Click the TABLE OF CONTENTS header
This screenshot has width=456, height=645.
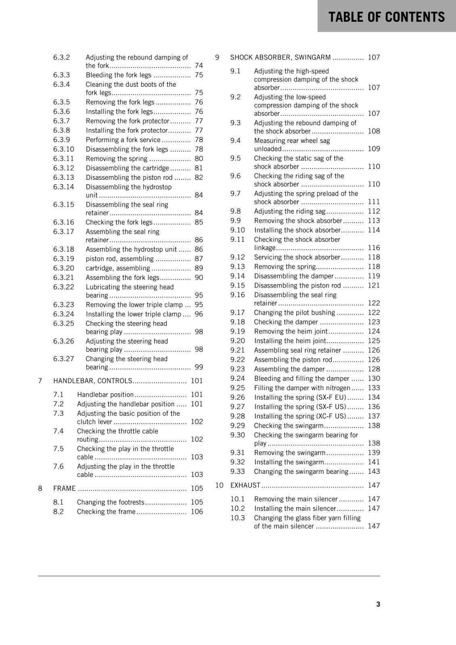[386, 17]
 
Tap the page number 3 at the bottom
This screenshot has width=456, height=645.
[378, 604]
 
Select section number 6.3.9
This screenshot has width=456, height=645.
[61, 140]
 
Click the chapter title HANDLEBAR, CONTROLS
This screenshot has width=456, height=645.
[92, 381]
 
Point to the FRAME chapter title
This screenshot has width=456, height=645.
[65, 489]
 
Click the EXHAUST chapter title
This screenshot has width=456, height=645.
[245, 485]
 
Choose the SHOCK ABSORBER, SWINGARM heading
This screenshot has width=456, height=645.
[280, 58]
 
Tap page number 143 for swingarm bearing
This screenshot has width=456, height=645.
[374, 472]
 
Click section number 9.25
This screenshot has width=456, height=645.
[238, 388]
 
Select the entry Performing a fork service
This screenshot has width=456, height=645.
[123, 140]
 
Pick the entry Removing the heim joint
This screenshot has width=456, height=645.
[291, 331]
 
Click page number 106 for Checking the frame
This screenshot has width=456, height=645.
[197, 512]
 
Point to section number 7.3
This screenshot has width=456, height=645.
[59, 414]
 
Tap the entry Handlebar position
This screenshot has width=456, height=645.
[105, 395]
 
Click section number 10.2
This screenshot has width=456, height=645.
[238, 509]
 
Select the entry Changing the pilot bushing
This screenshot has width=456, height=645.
[294, 313]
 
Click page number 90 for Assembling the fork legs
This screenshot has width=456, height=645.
[199, 278]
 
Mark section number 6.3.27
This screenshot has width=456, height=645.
[64, 359]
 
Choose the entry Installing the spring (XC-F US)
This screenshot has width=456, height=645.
[300, 416]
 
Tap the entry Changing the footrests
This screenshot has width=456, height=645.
[111, 502]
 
